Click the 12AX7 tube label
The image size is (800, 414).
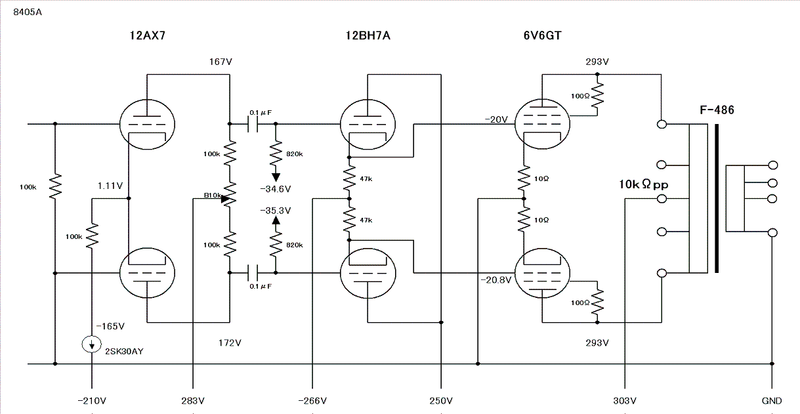click(148, 35)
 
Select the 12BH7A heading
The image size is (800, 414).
click(368, 35)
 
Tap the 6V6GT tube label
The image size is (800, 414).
click(543, 35)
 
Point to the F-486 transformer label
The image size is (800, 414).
click(717, 110)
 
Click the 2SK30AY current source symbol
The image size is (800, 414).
click(92, 344)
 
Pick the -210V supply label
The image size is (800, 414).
click(92, 401)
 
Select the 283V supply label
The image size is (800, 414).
click(193, 401)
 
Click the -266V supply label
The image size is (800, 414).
click(312, 401)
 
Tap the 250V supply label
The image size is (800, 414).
click(441, 401)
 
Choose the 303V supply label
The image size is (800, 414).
click(625, 401)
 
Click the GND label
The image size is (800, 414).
click(772, 401)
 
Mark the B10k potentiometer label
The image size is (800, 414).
click(213, 196)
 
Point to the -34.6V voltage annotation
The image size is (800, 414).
click(276, 189)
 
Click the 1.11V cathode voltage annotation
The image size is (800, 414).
click(110, 186)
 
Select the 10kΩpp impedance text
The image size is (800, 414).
click(643, 184)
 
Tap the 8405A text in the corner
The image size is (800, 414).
click(28, 12)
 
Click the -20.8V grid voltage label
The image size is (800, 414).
click(496, 279)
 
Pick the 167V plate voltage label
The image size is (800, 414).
click(221, 62)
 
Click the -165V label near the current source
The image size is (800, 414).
click(110, 326)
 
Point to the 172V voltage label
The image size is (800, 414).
click(230, 343)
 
